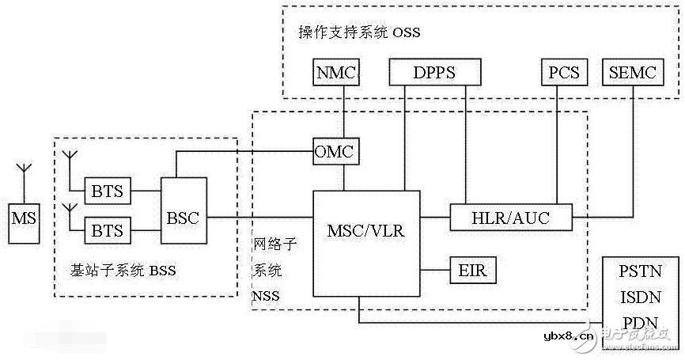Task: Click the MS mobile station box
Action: coord(21,216)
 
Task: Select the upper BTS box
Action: coord(108,191)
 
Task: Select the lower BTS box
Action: coord(108,230)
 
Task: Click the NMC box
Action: coord(336,73)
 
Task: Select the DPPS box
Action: coord(434,73)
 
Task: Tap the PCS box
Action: coord(562,73)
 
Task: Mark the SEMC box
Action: coord(633,73)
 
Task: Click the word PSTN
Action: coord(639,274)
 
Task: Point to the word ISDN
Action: coord(639,298)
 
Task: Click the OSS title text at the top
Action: coord(359,32)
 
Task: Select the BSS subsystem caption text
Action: coord(123,271)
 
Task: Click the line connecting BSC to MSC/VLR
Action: coord(261,217)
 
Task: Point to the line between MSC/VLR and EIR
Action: coord(434,271)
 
